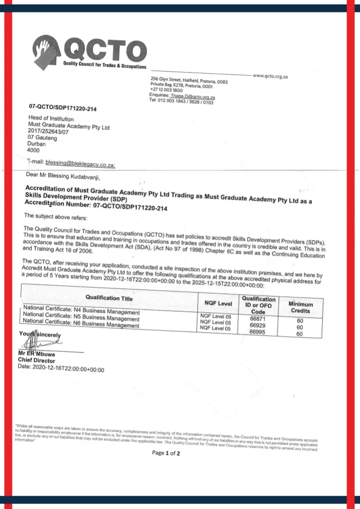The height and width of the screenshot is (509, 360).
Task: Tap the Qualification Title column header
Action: tap(109, 297)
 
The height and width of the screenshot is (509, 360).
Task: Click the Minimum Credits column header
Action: tap(301, 307)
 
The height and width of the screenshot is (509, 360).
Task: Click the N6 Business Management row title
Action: tap(81, 324)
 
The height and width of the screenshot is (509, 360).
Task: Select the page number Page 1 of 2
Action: tap(166, 453)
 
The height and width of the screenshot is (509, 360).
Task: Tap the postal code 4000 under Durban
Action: tap(33, 149)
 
